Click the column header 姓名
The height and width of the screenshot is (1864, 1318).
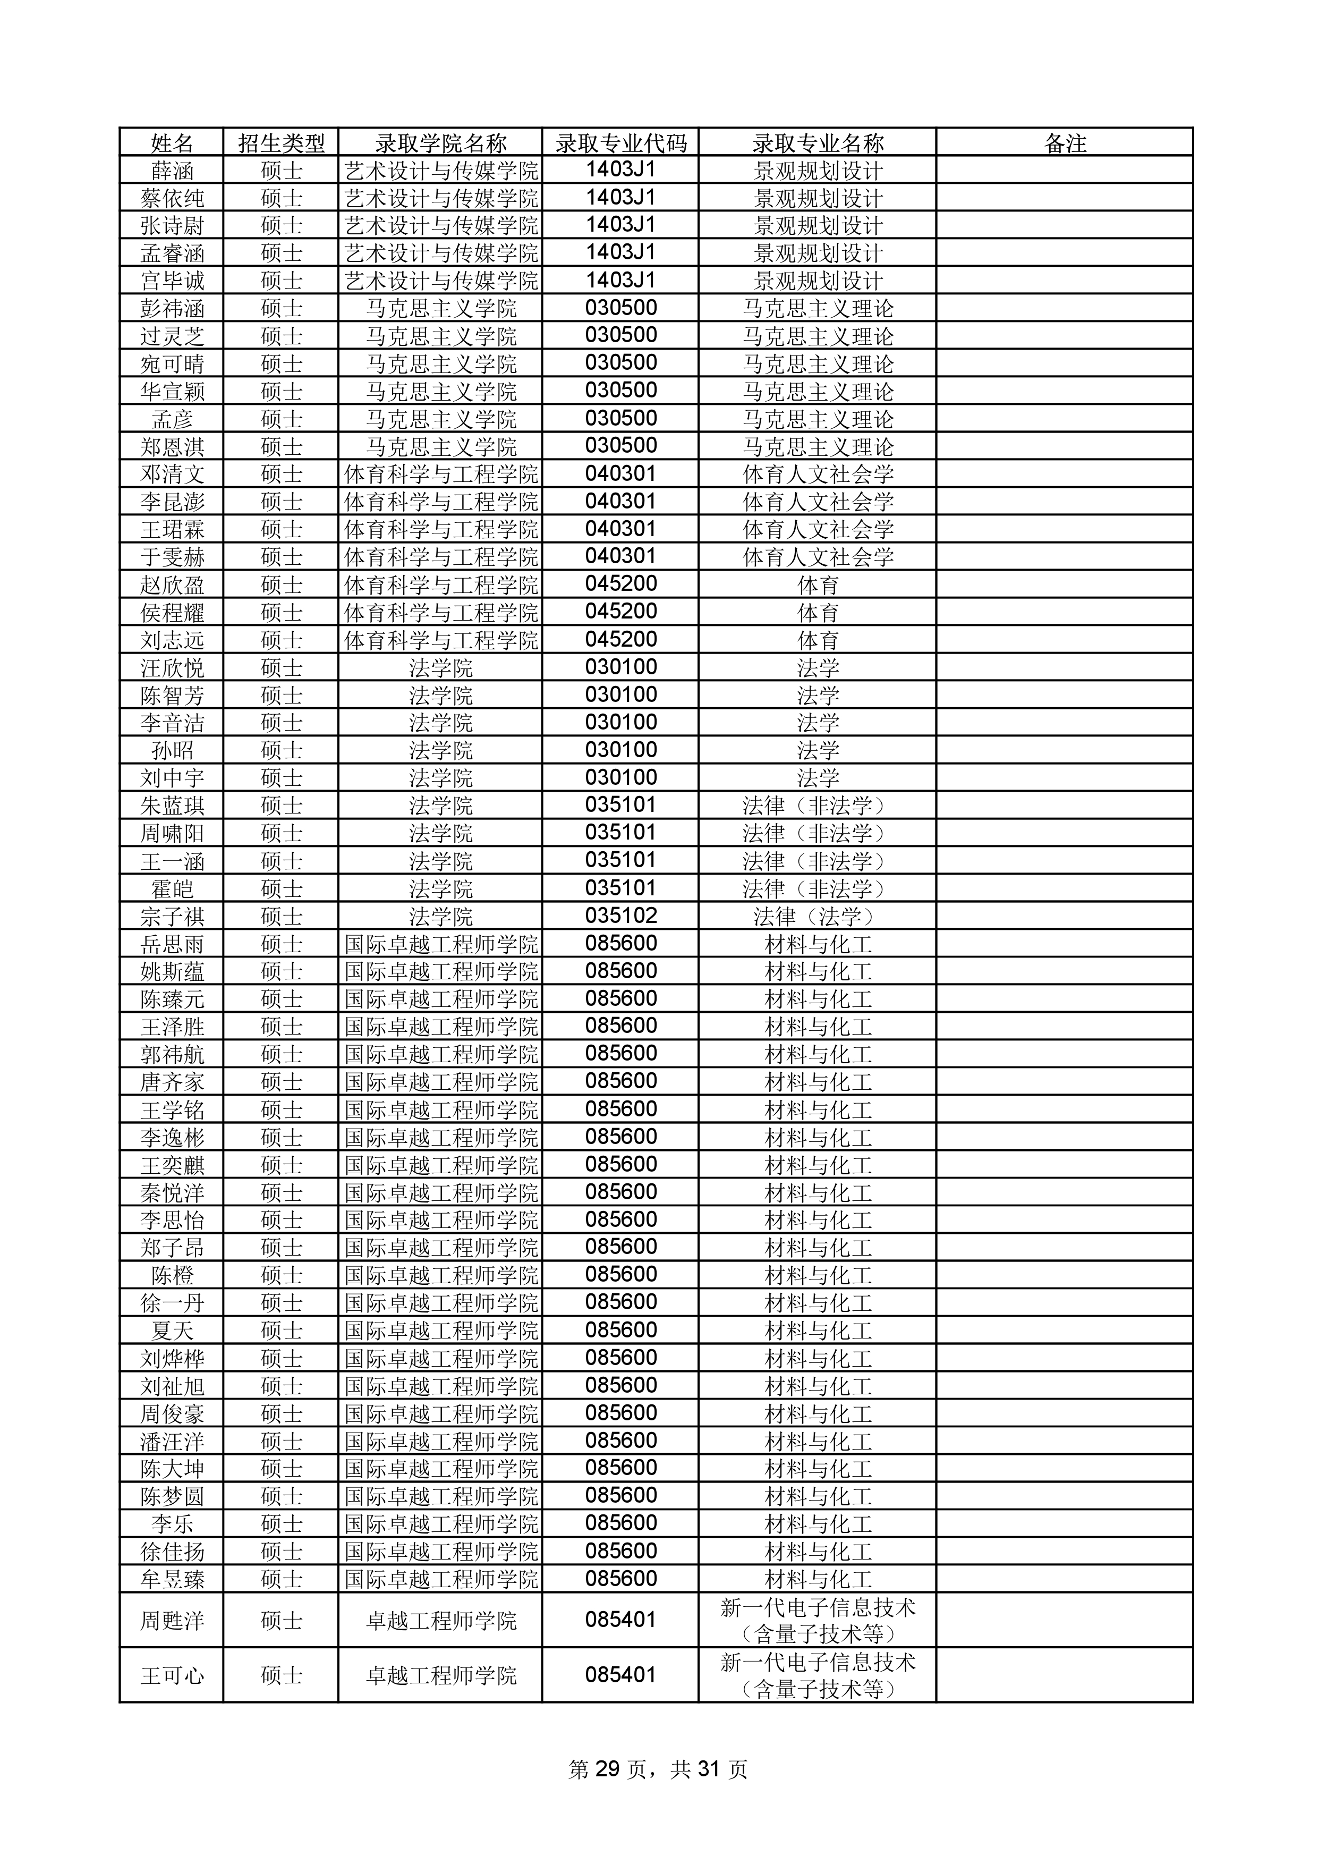[172, 143]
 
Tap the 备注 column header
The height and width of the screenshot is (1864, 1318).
[1064, 143]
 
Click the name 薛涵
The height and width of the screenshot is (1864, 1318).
[172, 171]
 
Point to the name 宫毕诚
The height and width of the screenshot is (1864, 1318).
[172, 281]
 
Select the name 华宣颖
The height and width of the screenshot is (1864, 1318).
[172, 391]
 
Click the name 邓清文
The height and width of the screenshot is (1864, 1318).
[172, 474]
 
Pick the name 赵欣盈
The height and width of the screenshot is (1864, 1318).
[172, 584]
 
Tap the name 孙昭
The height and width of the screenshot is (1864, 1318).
[172, 750]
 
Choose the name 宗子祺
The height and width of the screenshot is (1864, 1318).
[172, 917]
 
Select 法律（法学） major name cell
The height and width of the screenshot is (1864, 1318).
[817, 917]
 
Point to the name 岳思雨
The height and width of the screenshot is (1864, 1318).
[172, 944]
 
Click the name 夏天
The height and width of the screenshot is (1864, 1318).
[172, 1331]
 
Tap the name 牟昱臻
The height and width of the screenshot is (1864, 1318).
[172, 1579]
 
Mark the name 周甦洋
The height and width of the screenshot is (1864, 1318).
[172, 1621]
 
